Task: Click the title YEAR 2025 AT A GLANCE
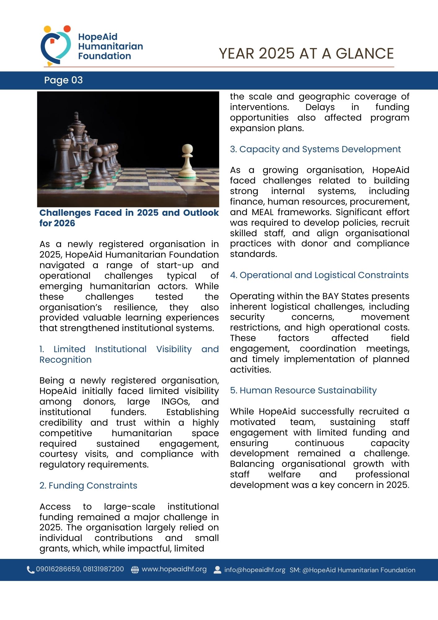306,54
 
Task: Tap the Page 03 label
64,80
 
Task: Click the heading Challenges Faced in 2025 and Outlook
129,213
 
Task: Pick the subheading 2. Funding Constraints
88,485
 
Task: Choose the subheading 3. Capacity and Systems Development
315,149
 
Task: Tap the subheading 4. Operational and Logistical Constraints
319,275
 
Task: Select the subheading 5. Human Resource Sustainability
303,391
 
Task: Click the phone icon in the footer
30,570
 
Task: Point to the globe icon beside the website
135,570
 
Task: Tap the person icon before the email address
217,570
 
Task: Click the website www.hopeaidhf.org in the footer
174,569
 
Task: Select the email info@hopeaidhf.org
255,570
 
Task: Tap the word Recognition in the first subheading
65,360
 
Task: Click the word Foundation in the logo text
104,56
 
